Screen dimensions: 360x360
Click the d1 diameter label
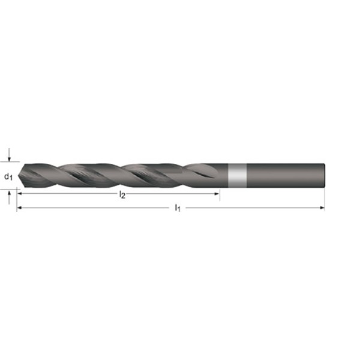[x=8, y=176]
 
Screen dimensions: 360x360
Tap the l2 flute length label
[x=122, y=195]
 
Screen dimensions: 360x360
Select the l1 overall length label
[x=178, y=208]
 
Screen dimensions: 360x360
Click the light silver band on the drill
[x=238, y=176]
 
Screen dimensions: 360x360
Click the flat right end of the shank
[x=324, y=176]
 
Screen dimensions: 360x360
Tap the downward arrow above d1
[x=9, y=155]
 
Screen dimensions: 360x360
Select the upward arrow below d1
[x=9, y=197]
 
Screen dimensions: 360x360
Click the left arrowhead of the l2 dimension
[x=20, y=194]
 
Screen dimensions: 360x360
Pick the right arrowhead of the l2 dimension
[x=217, y=194]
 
